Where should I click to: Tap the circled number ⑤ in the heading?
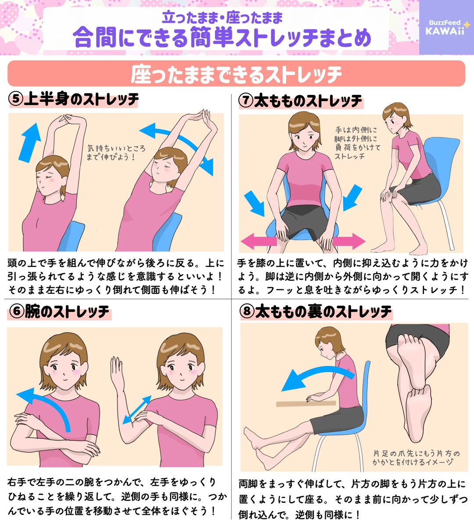coord(16,99)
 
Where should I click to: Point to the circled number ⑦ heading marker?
coord(246,101)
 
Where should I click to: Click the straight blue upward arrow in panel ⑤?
coord(29,142)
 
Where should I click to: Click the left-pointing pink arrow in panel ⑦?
coord(259,241)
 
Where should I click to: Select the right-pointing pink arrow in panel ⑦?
coord(349,241)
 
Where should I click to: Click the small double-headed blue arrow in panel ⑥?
coord(137,410)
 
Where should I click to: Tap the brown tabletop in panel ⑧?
coord(306,404)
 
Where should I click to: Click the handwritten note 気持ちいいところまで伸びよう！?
coord(116,153)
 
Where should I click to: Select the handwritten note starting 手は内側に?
coord(357,143)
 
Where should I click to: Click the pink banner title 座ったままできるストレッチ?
coord(236,74)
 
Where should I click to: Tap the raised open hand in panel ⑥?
coord(117,368)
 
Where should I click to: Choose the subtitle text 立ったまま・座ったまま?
coord(222,18)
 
